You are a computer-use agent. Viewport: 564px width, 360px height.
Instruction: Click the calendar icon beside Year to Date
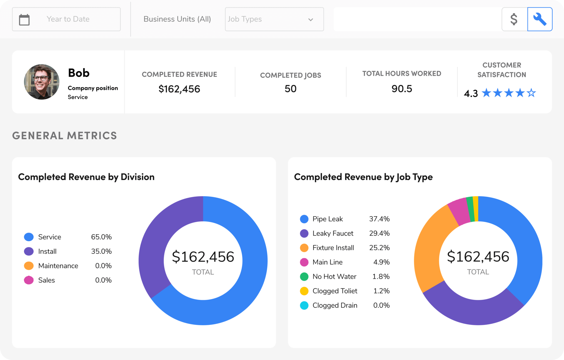[x=24, y=20]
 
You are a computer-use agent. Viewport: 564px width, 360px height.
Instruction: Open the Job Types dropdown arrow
[x=311, y=20]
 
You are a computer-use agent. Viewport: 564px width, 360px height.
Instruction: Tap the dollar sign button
[x=514, y=19]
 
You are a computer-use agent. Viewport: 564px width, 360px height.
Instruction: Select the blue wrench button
[x=540, y=19]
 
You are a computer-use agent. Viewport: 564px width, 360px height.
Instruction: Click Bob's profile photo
[x=42, y=82]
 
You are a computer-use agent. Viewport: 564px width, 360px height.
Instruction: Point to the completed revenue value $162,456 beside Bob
[x=179, y=89]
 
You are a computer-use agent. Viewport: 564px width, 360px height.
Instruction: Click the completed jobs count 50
[x=290, y=89]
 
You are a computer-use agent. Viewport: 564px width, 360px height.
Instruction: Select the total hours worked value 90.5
[x=402, y=89]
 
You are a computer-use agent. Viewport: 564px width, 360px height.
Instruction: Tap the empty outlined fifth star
[x=531, y=93]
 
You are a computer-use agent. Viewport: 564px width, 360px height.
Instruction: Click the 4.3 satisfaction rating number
[x=471, y=93]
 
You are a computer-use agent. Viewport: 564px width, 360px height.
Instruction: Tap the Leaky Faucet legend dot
[x=304, y=233]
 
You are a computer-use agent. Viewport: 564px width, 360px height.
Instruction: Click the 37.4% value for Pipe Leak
[x=379, y=219]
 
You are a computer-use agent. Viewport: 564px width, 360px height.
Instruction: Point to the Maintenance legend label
[x=58, y=266]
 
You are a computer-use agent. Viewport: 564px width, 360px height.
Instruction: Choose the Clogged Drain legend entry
[x=335, y=305]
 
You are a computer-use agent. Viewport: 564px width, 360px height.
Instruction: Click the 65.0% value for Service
[x=101, y=237]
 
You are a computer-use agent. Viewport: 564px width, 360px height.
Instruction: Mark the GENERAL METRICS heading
[x=65, y=135]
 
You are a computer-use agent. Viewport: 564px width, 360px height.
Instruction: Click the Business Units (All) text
[x=177, y=19]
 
